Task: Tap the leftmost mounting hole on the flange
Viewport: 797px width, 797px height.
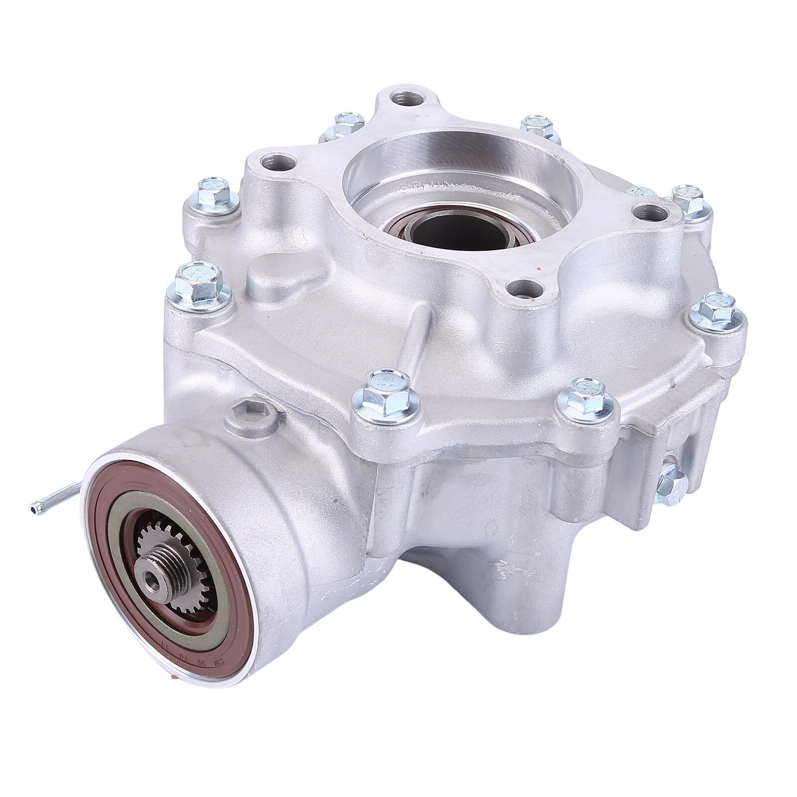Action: coord(275,163)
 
